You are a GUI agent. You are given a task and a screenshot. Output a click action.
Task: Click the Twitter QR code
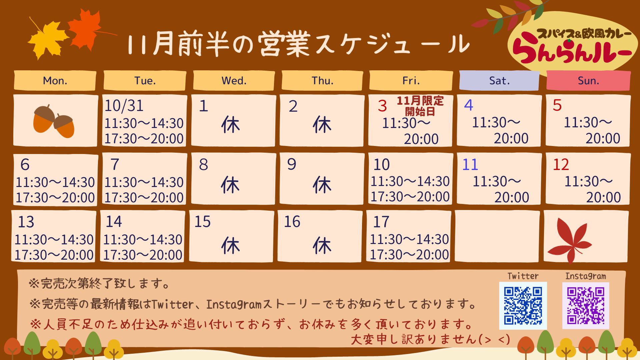tap(523, 306)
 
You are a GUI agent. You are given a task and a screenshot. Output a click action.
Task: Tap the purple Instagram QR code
tap(586, 306)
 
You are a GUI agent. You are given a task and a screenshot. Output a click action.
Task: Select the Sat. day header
tap(499, 80)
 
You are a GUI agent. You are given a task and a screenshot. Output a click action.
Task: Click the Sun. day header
tap(588, 80)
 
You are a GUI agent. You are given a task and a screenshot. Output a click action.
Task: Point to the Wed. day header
tap(234, 80)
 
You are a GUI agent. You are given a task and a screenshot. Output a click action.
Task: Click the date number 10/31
tap(124, 106)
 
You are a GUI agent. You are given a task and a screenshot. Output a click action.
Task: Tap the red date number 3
tap(382, 106)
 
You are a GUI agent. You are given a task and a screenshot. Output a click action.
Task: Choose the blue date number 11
tap(470, 165)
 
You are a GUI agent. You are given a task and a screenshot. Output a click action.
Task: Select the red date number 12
tap(561, 165)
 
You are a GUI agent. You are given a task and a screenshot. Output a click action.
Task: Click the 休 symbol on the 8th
tap(230, 185)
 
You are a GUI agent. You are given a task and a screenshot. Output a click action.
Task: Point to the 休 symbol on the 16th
tap(322, 246)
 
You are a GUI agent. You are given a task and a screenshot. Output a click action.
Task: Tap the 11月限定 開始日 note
tap(420, 106)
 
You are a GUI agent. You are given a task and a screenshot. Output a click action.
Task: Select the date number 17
tap(381, 222)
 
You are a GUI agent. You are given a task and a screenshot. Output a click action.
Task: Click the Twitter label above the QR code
tap(523, 276)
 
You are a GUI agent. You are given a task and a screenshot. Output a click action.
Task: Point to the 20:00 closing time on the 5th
tap(603, 138)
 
